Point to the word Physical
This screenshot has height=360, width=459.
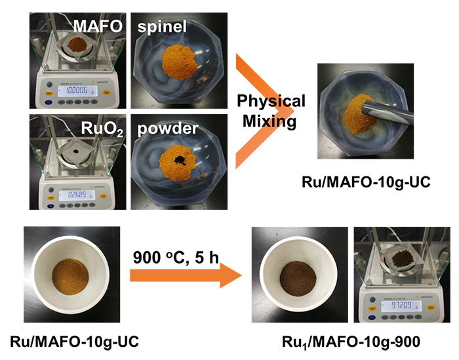271,102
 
